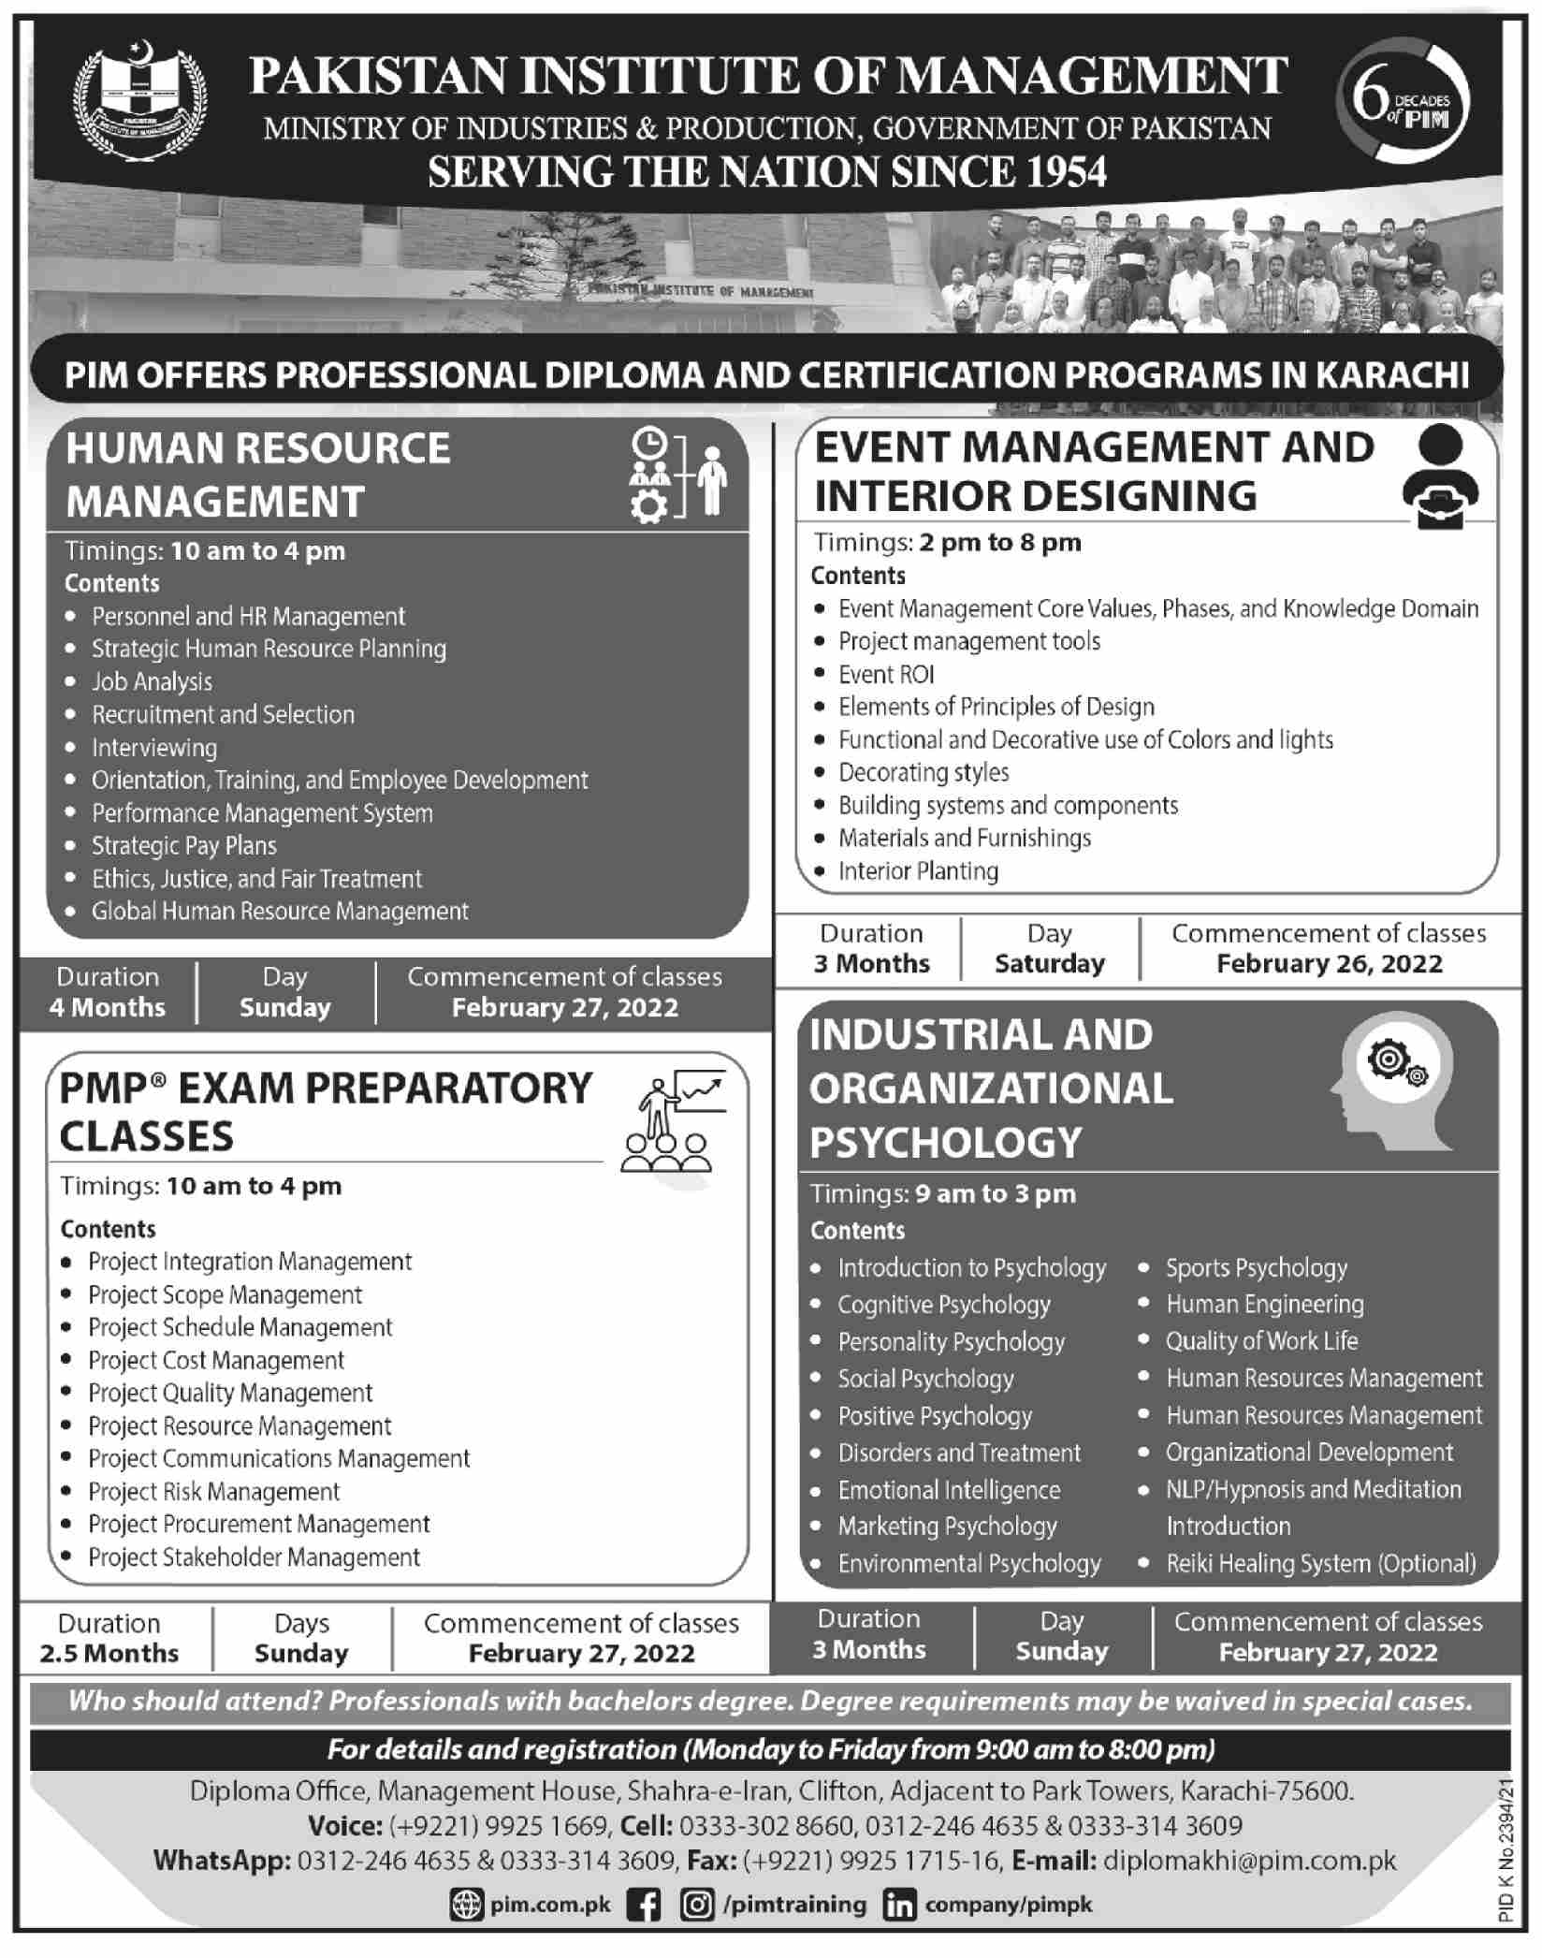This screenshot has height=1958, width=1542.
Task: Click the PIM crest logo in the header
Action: tap(141, 101)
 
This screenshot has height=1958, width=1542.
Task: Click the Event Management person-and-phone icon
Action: tap(1440, 476)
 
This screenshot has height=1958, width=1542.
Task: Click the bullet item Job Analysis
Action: tap(152, 681)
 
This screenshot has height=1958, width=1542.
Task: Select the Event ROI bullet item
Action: tap(886, 674)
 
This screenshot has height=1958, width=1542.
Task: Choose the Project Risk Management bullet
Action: tap(213, 1491)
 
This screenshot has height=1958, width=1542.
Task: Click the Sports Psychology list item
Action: tap(1256, 1268)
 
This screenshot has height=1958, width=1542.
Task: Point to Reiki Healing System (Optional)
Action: tap(1320, 1563)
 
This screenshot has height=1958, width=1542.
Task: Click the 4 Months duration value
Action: tap(108, 1008)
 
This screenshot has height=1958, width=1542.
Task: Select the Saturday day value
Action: tap(1050, 964)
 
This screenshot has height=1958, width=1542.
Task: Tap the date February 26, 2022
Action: tap(1329, 964)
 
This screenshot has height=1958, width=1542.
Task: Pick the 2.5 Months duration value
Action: tap(109, 1654)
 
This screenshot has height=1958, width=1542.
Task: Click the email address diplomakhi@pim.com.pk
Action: tap(1250, 1860)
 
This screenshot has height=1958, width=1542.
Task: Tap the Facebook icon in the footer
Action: tap(644, 1905)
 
